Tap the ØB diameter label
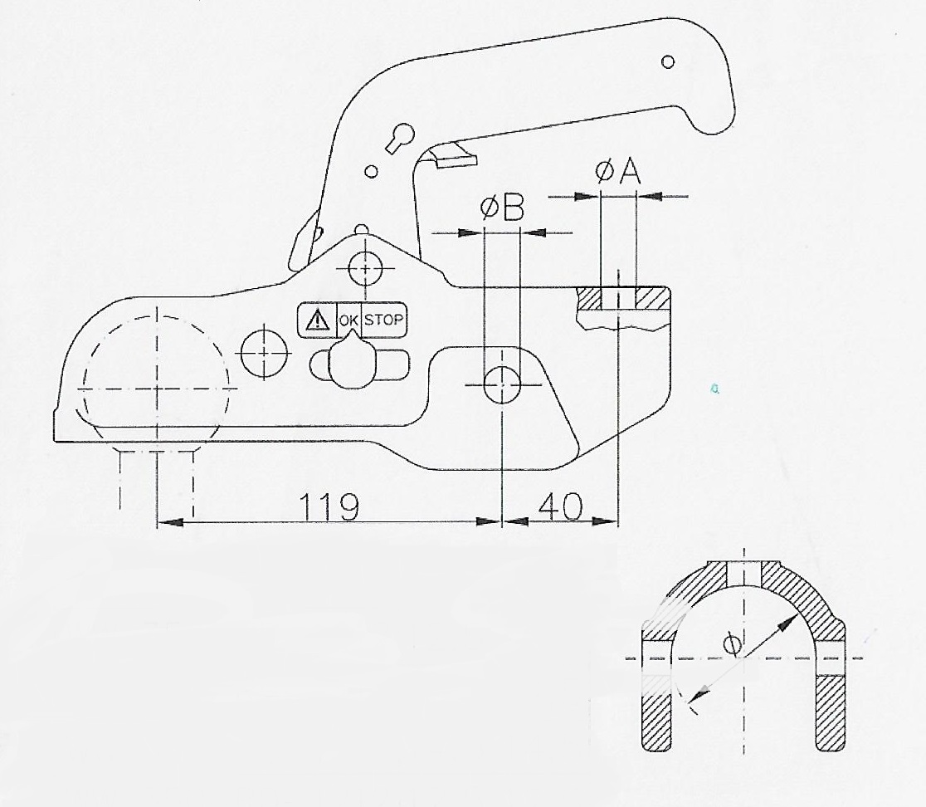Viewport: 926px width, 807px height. (503, 209)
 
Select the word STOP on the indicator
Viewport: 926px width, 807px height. (384, 320)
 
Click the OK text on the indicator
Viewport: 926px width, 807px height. (348, 320)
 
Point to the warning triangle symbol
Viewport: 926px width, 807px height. (317, 320)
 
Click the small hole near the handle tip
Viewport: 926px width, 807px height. (668, 61)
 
